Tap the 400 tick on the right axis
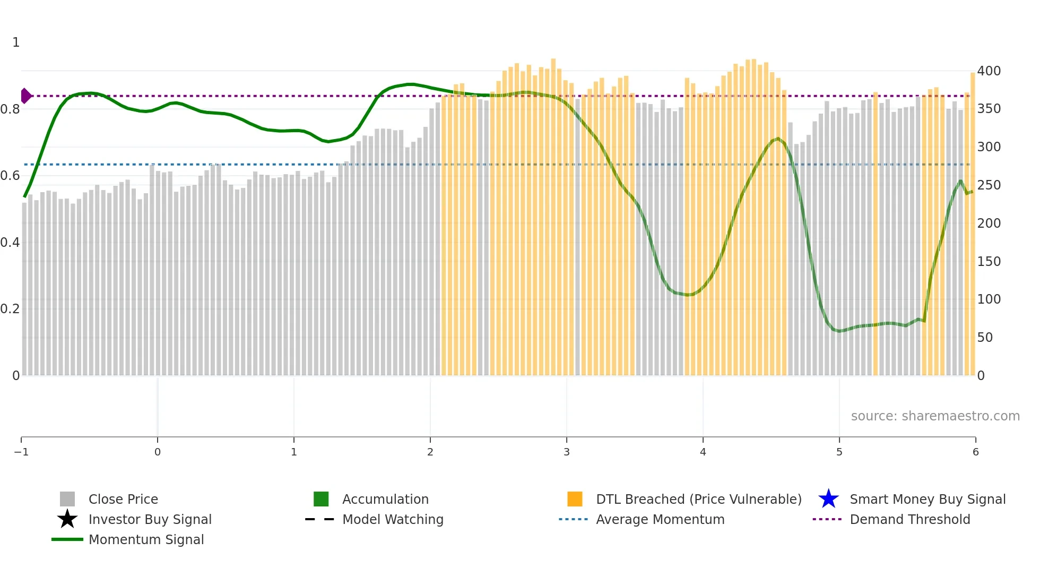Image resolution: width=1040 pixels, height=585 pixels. tap(989, 71)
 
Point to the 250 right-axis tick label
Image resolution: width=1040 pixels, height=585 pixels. tap(989, 185)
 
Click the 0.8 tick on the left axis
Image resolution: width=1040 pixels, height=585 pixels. tap(10, 109)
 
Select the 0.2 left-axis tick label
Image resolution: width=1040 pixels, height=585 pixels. tap(10, 309)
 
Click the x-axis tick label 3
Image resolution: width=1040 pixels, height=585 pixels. tap(567, 452)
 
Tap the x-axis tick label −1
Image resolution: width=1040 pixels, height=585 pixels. tap(21, 452)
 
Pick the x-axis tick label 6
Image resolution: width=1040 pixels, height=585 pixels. tap(975, 452)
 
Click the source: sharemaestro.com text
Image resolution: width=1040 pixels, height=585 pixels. tap(935, 416)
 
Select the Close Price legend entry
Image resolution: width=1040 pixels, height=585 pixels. tap(123, 500)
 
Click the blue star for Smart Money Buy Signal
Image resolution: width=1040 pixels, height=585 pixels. tap(828, 500)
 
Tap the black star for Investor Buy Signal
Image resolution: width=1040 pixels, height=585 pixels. tap(67, 520)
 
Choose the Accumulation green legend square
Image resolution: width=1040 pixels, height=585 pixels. tap(321, 500)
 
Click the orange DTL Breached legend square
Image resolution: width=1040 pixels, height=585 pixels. tap(575, 500)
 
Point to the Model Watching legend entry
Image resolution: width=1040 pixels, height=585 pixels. tap(392, 520)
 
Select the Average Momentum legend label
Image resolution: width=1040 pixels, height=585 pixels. tap(660, 520)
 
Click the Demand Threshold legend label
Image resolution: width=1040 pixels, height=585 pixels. tap(909, 520)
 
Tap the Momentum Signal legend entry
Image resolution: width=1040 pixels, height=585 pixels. tap(146, 540)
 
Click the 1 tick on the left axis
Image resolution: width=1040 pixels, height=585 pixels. tap(16, 42)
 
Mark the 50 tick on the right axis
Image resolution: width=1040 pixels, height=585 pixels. tap(985, 338)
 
